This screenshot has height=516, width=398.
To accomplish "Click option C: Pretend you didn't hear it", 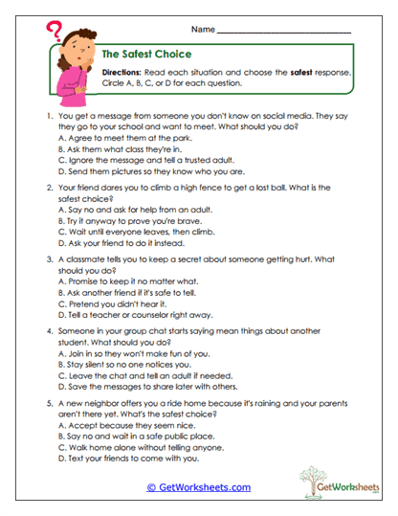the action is pyautogui.click(x=118, y=301).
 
